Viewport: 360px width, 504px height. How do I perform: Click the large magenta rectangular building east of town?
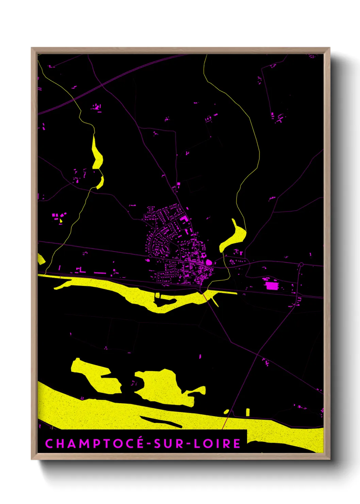pyautogui.click(x=271, y=285)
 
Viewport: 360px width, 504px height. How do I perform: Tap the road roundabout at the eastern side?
pyautogui.click(x=301, y=264)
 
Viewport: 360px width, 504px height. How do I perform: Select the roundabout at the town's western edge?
pyautogui.click(x=150, y=256)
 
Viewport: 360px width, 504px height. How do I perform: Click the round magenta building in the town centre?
pyautogui.click(x=209, y=263)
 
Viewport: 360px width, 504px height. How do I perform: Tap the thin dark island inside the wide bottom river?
pyautogui.click(x=160, y=421)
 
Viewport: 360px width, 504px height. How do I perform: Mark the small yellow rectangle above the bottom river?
pyautogui.click(x=248, y=412)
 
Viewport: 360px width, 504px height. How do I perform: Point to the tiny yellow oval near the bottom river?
pyautogui.click(x=226, y=412)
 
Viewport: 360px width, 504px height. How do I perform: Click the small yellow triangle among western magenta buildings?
pyautogui.click(x=61, y=220)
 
